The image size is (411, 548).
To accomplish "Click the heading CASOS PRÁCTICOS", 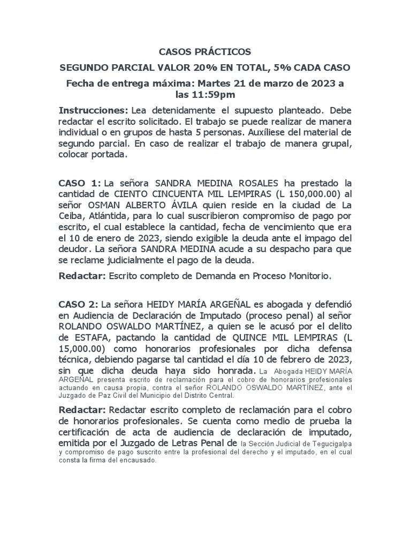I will click(205, 52).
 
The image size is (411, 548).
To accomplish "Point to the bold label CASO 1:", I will click(80, 184).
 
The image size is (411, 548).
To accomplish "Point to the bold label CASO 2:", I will click(80, 304).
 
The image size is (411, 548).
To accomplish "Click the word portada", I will click(109, 155).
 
